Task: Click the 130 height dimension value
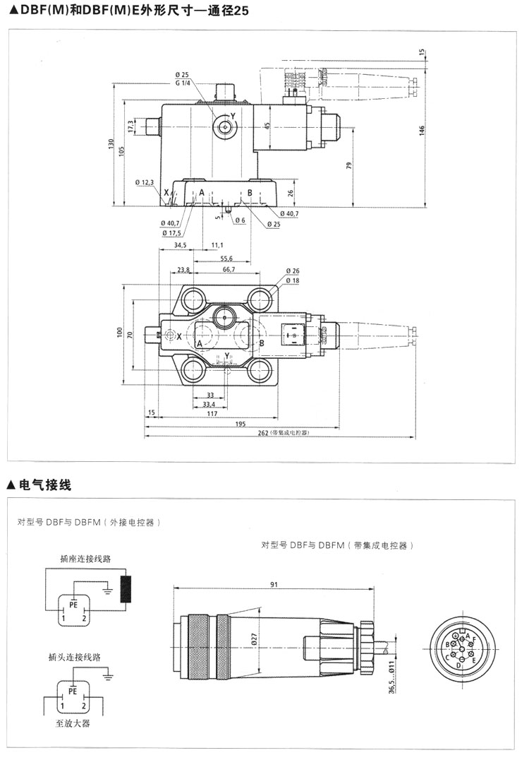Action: (111, 144)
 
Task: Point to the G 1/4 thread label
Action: (182, 83)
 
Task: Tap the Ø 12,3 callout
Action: (145, 182)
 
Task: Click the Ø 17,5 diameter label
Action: (171, 233)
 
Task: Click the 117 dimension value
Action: (212, 413)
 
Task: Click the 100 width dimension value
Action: (120, 331)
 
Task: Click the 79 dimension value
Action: (349, 166)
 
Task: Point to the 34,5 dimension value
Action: (180, 245)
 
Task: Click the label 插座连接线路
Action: (85, 558)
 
